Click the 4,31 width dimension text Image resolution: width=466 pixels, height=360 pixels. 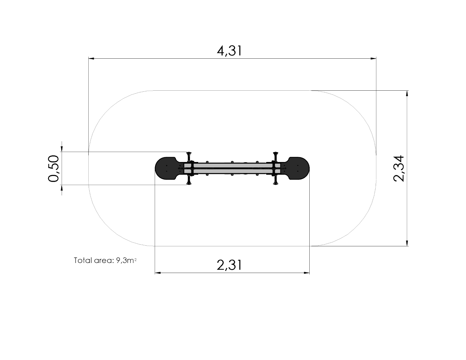pos(229,51)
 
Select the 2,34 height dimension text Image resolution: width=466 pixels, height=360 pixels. pos(399,169)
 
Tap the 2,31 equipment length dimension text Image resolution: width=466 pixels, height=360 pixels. pos(229,265)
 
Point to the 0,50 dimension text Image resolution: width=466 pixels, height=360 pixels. pos(53,169)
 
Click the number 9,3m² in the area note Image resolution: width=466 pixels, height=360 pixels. pos(126,260)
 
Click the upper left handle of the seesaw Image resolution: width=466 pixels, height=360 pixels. pos(189,157)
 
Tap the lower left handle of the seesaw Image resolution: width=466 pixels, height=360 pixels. pos(189,180)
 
